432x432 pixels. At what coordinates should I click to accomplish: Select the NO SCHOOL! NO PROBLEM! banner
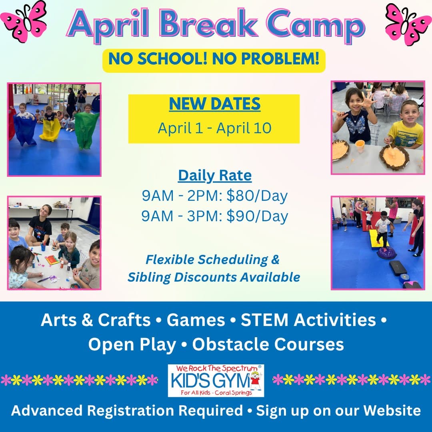pos(214,60)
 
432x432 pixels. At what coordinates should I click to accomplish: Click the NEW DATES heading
pos(214,104)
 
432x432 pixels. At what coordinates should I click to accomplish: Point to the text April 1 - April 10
pos(214,128)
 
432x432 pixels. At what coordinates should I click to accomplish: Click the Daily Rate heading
pos(214,176)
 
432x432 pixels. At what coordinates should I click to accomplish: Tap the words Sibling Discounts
pos(180,277)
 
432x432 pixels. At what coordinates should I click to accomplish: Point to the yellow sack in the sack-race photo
pos(50,128)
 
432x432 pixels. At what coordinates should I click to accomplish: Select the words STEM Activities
pos(308,320)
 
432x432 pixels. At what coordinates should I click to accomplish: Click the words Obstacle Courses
pos(268,344)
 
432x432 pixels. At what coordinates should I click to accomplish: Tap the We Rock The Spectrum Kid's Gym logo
pos(216,380)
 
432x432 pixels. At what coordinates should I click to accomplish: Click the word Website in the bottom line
pos(392,410)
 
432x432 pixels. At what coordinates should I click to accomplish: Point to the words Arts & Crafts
pos(96,320)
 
